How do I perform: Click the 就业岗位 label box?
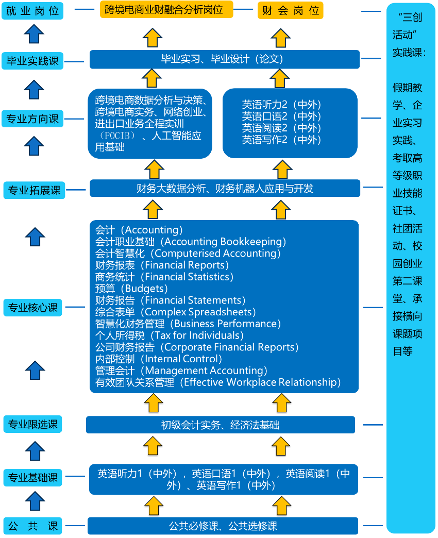pos(32,11)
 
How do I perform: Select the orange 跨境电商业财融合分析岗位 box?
pos(166,9)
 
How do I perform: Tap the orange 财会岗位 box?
pos(290,10)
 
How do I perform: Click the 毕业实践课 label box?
pos(32,61)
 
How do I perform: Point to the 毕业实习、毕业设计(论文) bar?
pos(225,59)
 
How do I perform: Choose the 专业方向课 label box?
pos(32,119)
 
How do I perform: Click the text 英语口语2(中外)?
pos(281,116)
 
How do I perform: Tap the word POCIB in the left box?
pos(117,136)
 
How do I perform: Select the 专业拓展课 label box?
pos(35,190)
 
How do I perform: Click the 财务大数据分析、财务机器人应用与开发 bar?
pos(225,188)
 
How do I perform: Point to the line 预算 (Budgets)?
pos(131,289)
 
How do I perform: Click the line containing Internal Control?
pos(159,359)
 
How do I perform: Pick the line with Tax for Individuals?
pos(170,335)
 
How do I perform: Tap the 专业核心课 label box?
pos(33,308)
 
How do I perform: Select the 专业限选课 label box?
pos(33,424)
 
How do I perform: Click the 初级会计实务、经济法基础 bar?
pos(221,425)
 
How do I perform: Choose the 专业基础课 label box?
pos(33,478)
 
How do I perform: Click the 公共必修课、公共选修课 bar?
pos(223,526)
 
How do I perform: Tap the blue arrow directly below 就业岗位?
pos(34,34)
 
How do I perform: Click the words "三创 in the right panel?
pos(410,17)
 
